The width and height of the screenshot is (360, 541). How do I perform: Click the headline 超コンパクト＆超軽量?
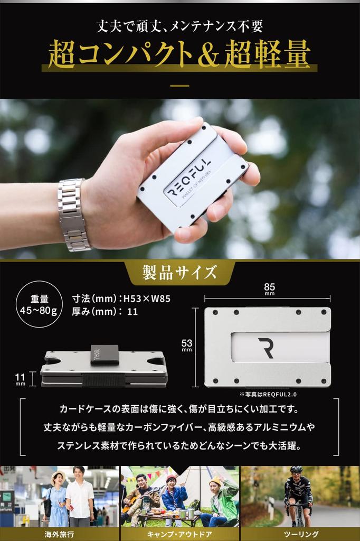pos(179,54)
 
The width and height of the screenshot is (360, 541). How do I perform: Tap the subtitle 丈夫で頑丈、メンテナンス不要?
pos(179,25)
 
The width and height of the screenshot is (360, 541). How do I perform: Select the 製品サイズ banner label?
pos(179,273)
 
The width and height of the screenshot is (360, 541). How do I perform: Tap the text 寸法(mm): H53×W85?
pos(121,299)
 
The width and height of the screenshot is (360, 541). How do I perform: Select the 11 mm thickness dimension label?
pos(20,379)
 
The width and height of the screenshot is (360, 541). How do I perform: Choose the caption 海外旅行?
pos(59,534)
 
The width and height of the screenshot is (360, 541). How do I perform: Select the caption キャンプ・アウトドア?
pos(179,534)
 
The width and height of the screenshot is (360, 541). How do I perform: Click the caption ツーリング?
pos(299,534)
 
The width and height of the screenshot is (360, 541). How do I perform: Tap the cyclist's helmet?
pos(296,469)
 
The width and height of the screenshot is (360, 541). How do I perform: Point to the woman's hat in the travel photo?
pos(57,474)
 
